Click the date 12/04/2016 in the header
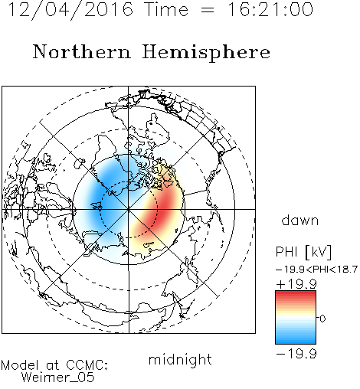click(70, 10)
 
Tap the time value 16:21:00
click(270, 9)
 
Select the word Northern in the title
click(82, 52)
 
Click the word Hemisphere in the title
click(206, 53)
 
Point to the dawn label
click(299, 220)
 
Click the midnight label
click(180, 359)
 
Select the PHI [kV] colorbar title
click(304, 252)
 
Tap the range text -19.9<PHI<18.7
click(316, 270)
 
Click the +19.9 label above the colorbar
click(296, 283)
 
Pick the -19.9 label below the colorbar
click(296, 354)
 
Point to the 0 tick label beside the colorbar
click(322, 319)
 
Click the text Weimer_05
click(58, 378)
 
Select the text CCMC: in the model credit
click(87, 365)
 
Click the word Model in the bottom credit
click(20, 365)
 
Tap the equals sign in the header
click(208, 10)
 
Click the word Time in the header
click(166, 9)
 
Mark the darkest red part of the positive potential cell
click(165, 204)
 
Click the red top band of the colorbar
click(296, 294)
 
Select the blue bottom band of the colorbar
click(296, 341)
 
